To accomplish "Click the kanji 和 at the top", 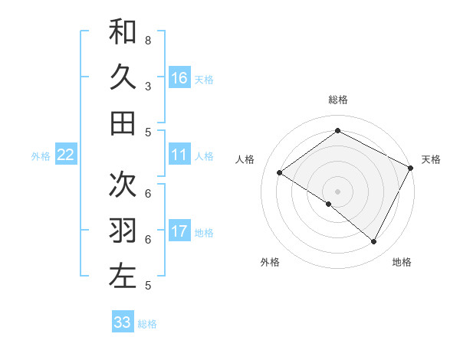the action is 123,32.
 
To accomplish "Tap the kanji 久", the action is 123,77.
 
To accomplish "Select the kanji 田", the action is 123,123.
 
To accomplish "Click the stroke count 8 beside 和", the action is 148,40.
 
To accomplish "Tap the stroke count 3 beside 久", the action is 148,87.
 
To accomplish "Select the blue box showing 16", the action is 179,78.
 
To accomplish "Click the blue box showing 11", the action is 179,155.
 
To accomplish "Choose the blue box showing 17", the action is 179,231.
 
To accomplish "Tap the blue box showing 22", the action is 66,155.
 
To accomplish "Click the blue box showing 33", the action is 123,322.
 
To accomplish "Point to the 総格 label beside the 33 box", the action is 147,324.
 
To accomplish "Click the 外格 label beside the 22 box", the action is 41,156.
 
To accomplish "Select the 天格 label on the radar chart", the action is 431,159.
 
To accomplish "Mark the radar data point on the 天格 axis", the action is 411,168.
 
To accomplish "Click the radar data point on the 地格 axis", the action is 374,242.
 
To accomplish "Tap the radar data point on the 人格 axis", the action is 280,173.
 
